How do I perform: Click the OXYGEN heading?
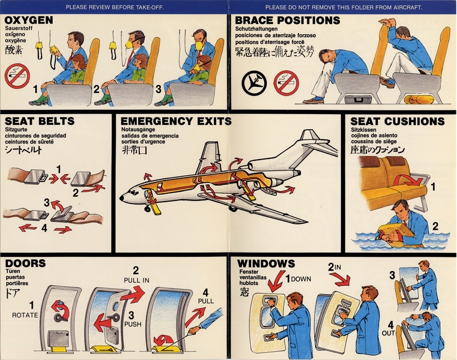coord(28,20)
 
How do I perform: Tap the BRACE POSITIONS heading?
coord(287,20)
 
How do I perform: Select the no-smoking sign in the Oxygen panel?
coord(17,76)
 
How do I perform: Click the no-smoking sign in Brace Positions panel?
coord(286,83)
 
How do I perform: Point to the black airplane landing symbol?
coord(255,83)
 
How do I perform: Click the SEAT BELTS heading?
coord(40,121)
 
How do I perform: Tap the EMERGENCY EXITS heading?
coord(173,121)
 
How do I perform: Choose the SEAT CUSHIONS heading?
coord(398,121)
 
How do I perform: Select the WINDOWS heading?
coord(266,263)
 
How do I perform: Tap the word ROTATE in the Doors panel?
coord(25,314)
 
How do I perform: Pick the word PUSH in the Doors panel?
coord(132,324)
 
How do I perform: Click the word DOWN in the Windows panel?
coord(301,279)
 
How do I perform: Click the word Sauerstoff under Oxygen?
coord(19,28)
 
